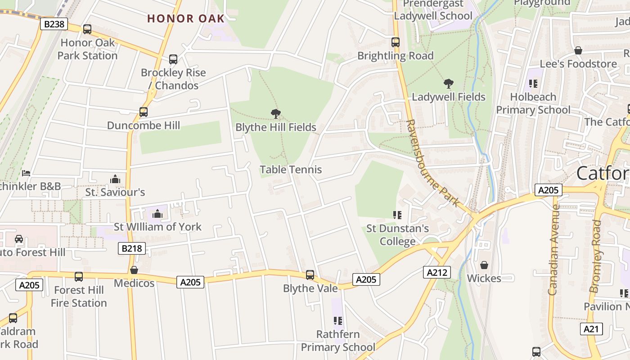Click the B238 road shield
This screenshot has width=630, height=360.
(54, 24)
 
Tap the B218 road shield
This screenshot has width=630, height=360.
(132, 248)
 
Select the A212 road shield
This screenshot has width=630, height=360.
(436, 272)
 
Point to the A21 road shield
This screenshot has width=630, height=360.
(591, 329)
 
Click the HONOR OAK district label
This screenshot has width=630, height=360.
(186, 18)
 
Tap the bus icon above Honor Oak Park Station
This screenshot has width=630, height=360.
(87, 29)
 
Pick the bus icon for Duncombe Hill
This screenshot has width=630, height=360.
(144, 112)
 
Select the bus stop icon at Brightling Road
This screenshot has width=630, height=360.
(396, 42)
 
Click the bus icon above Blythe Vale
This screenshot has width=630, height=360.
(310, 274)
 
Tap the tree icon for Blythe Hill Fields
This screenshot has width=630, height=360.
(276, 114)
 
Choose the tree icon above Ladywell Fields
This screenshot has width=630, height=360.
(448, 83)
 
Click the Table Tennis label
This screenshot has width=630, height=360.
(291, 170)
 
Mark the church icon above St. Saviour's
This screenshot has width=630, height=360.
(115, 179)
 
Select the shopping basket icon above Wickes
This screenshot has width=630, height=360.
(484, 265)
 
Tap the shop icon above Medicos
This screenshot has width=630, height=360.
(134, 270)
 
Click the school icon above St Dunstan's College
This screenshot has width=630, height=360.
(397, 215)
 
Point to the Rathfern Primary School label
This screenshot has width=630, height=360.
(337, 341)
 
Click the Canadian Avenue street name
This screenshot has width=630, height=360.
(553, 250)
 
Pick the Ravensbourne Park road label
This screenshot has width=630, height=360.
(433, 163)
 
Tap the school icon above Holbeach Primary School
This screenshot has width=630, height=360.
(533, 83)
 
